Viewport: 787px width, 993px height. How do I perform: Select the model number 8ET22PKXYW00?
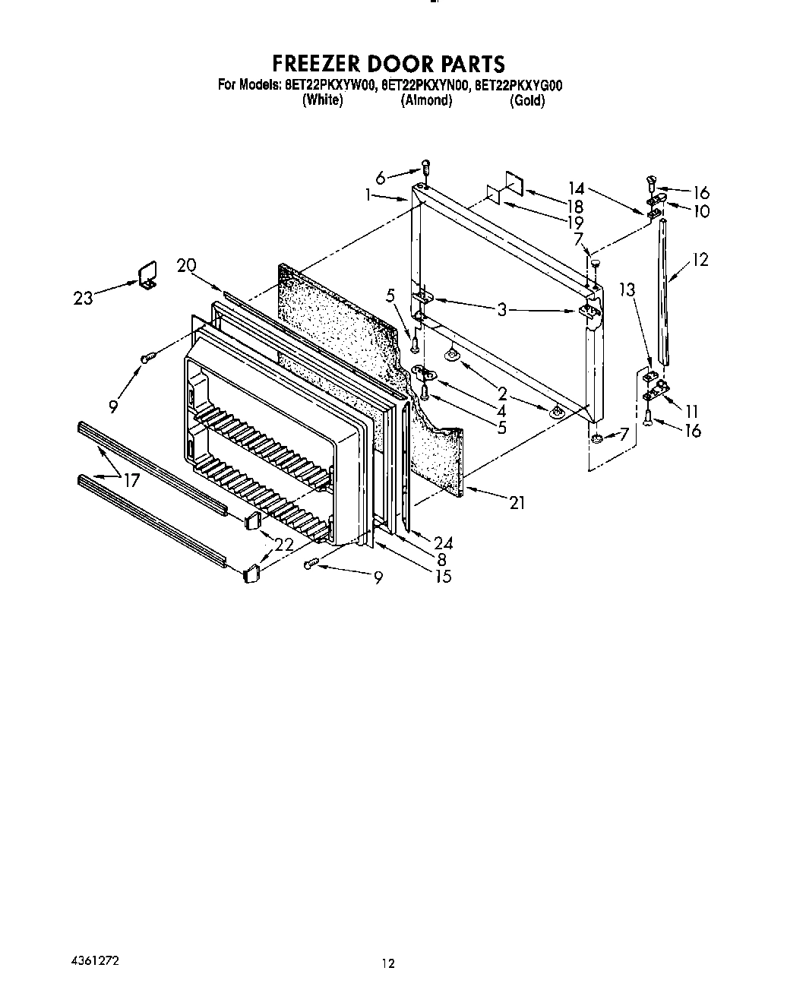[329, 86]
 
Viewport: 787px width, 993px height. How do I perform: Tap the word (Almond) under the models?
[426, 100]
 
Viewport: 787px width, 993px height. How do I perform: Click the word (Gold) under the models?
[527, 100]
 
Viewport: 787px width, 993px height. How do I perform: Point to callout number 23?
[84, 297]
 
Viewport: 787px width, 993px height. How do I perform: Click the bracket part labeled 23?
[147, 274]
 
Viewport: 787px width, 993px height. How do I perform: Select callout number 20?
[186, 265]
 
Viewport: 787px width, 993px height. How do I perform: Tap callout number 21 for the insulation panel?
[517, 502]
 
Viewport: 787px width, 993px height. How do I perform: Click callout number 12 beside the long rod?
[700, 260]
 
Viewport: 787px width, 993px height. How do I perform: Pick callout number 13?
[627, 289]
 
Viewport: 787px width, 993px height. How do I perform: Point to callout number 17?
[132, 479]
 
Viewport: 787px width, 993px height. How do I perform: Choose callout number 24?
[443, 542]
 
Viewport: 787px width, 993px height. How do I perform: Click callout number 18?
[574, 206]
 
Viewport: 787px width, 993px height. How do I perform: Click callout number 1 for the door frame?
[368, 195]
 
